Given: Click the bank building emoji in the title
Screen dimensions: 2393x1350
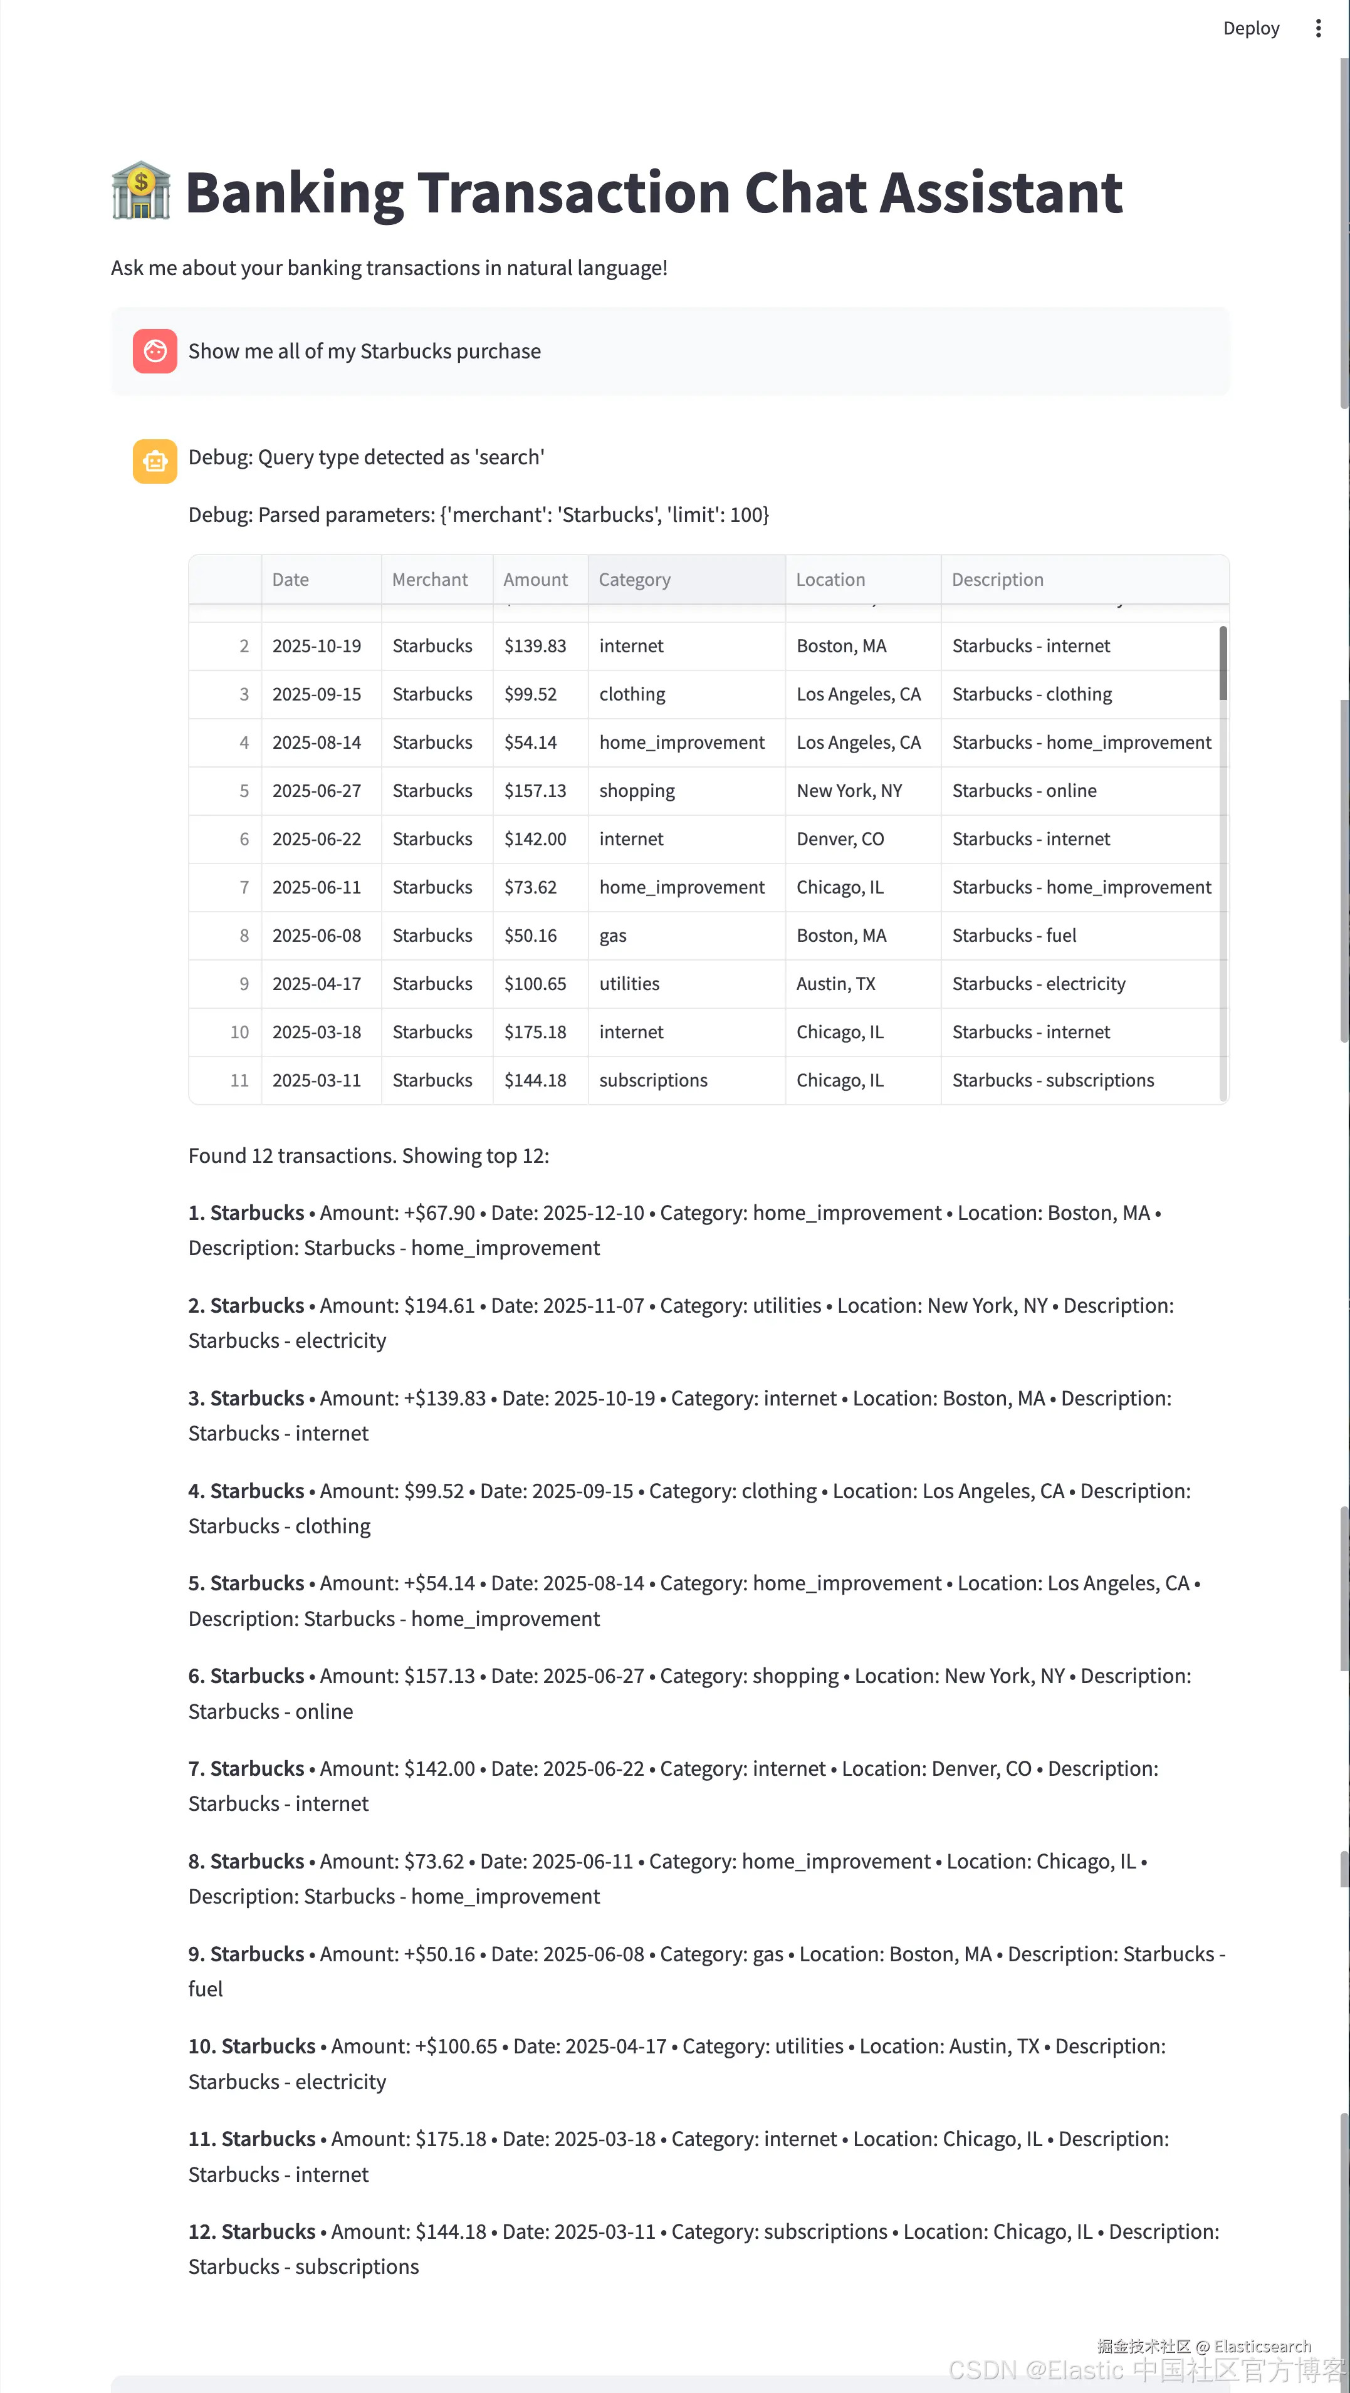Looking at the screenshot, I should [141, 191].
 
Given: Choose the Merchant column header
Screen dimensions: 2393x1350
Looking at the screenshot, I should [429, 580].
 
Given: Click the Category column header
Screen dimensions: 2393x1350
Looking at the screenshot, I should [635, 580].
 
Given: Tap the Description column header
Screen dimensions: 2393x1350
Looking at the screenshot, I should [997, 580].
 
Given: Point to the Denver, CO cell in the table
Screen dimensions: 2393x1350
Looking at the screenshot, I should [840, 840].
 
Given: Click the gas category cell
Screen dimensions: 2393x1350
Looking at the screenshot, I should [613, 936].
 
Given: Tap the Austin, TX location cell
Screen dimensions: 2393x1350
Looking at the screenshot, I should [835, 984].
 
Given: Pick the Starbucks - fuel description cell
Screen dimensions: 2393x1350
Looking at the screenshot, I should [1013, 936].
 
